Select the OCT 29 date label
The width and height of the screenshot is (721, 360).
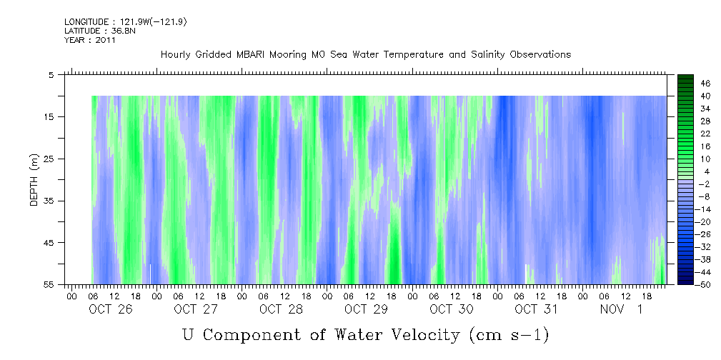pyautogui.click(x=365, y=309)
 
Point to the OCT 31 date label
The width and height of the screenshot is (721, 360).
pyautogui.click(x=536, y=309)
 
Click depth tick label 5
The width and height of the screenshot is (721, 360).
pyautogui.click(x=51, y=74)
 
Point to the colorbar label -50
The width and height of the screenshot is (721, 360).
pyautogui.click(x=687, y=285)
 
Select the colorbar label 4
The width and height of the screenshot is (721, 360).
pyautogui.click(x=686, y=171)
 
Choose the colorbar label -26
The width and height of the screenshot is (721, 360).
pyautogui.click(x=687, y=234)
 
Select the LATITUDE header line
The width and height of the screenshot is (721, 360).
pyautogui.click(x=99, y=31)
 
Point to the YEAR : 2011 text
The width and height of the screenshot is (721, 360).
pyautogui.click(x=89, y=40)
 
